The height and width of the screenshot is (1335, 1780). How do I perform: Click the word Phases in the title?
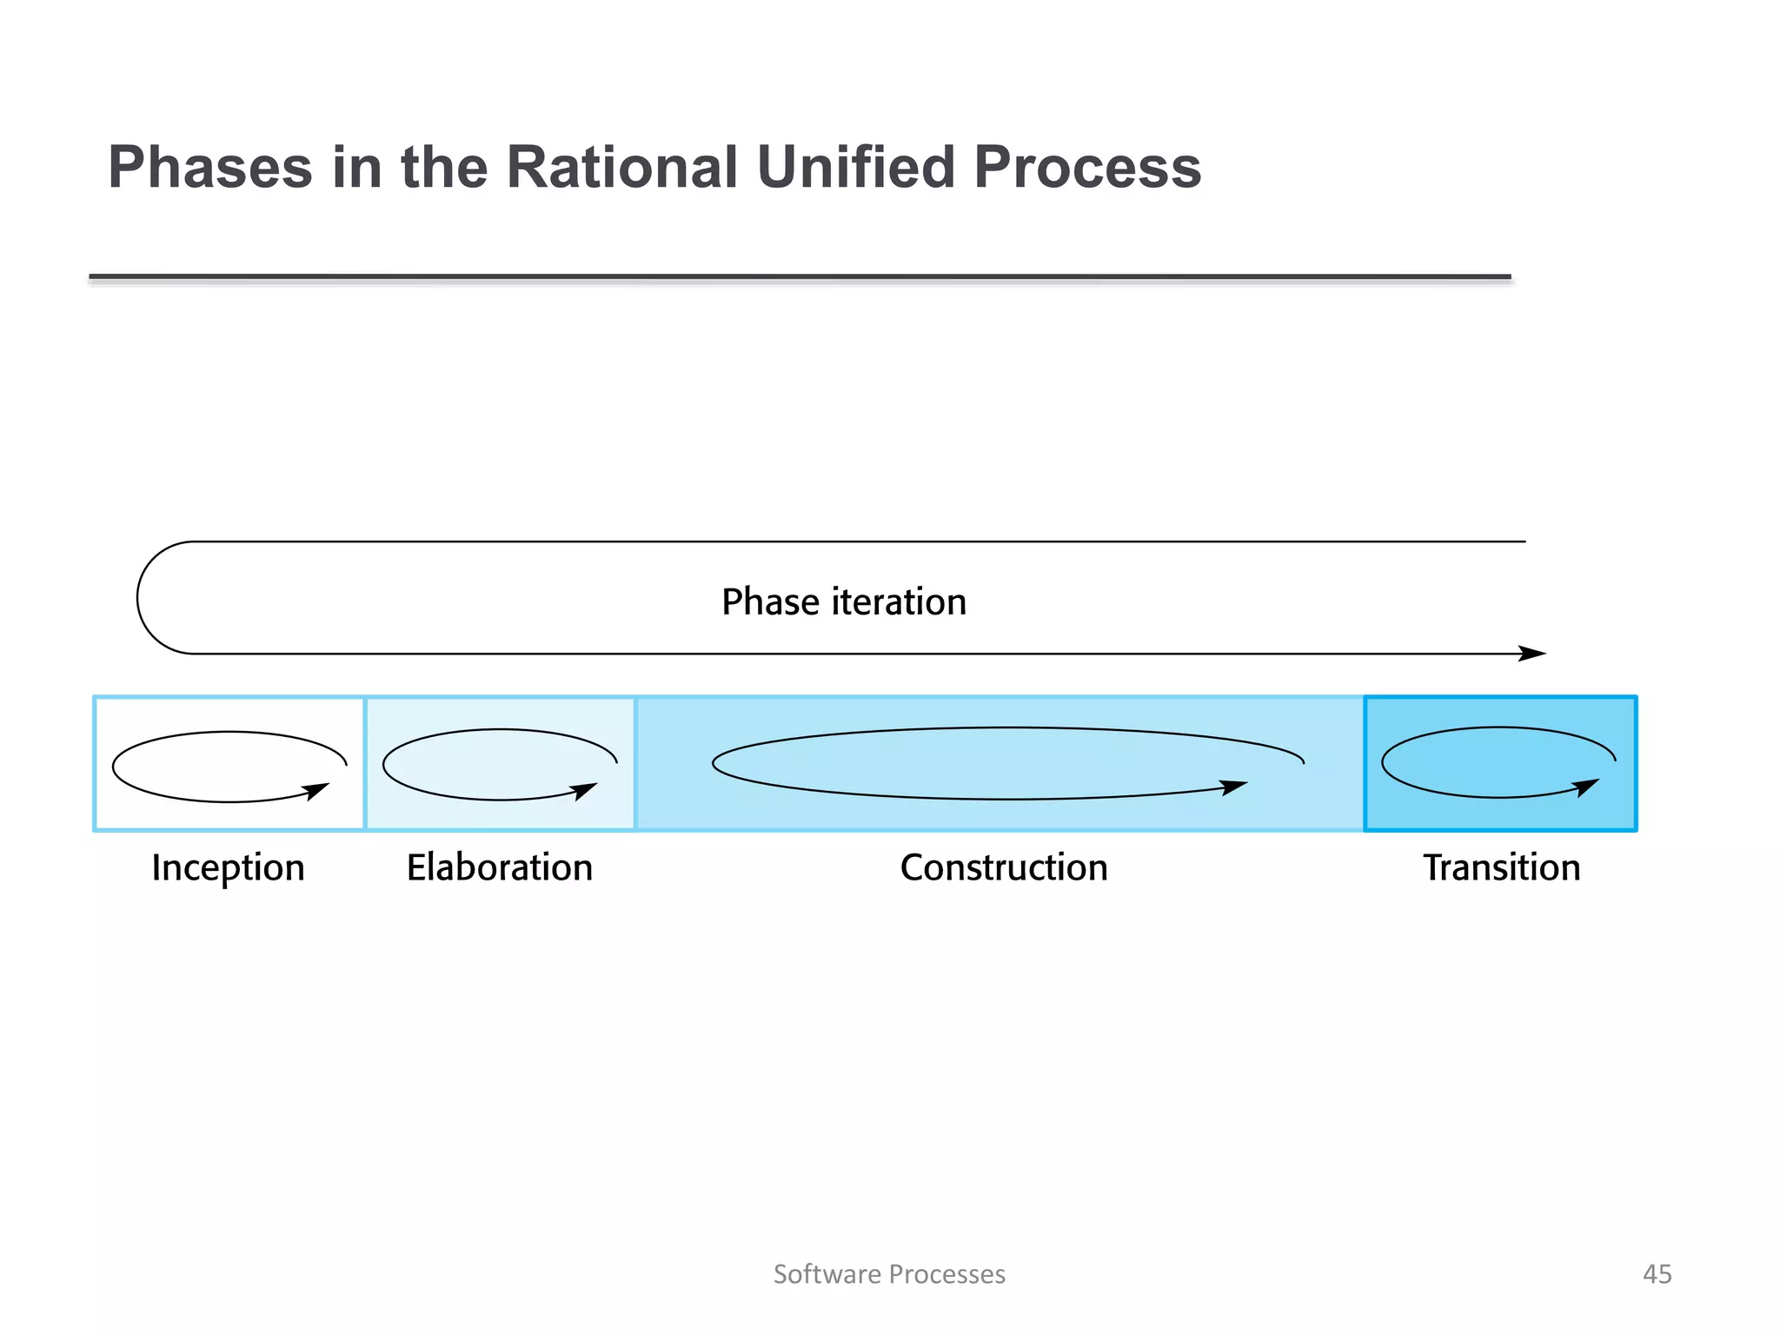point(209,167)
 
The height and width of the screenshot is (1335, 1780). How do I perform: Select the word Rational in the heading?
point(621,167)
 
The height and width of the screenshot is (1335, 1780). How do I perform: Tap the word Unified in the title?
point(855,167)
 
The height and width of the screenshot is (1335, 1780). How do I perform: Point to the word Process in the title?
point(1087,167)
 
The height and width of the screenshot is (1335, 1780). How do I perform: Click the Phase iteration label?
point(843,601)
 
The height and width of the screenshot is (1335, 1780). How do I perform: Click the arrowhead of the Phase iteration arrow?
point(1533,654)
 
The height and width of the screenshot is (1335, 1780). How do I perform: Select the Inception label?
point(228,867)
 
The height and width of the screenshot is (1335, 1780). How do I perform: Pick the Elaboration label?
point(500,867)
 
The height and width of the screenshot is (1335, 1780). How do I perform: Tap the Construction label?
point(1004,867)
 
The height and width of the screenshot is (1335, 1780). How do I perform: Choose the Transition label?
point(1501,867)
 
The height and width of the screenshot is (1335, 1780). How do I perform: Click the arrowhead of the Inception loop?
point(316,791)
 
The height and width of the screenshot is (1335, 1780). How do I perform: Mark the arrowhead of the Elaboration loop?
point(585,790)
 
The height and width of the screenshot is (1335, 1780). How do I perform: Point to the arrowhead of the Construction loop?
point(1233,787)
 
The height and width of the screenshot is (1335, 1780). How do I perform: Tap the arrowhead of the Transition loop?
point(1587,787)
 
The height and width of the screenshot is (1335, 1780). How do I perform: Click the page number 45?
point(1657,1274)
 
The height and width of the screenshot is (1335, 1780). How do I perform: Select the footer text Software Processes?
point(889,1274)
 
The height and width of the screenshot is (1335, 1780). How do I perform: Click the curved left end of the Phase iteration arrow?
point(138,598)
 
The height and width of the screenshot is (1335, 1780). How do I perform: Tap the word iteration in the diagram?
point(899,601)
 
